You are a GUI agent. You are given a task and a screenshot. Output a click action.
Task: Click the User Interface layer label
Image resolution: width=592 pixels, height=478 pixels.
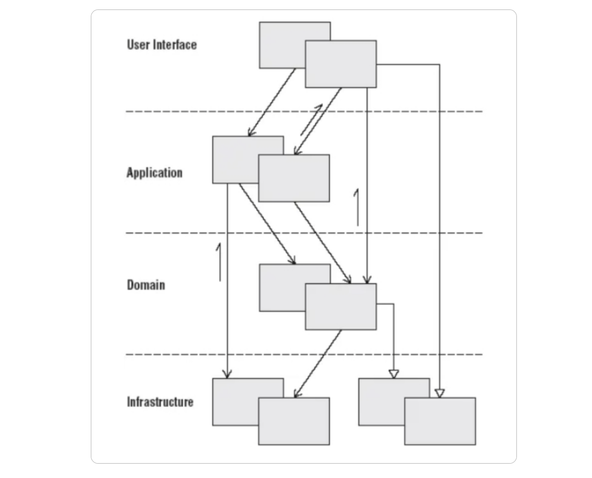point(162,45)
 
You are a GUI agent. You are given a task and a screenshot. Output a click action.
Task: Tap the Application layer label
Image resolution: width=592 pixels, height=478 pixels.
point(155,173)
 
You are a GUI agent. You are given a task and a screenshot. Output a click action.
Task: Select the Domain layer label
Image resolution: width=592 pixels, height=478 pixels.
point(146,285)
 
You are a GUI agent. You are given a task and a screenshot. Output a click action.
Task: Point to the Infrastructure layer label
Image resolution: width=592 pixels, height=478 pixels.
point(160,402)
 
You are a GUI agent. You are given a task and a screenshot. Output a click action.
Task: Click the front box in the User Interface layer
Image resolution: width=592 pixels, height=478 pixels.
point(341,64)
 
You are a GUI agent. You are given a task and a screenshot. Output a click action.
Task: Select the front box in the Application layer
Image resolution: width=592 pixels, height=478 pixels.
point(294,178)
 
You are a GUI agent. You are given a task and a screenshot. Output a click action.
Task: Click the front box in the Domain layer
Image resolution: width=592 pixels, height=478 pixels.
point(341,307)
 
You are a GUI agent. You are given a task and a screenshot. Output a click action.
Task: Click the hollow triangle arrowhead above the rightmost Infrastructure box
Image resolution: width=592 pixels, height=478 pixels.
point(440,393)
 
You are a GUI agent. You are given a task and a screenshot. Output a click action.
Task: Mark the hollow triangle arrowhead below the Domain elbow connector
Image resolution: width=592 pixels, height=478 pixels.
point(394,374)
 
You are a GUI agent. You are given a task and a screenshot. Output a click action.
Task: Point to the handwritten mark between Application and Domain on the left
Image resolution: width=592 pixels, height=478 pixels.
point(219,262)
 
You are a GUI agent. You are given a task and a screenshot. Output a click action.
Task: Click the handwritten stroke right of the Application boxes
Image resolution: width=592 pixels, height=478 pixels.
point(357,207)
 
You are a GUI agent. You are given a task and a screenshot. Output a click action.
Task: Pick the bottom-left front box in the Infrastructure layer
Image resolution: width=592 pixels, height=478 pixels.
point(294,421)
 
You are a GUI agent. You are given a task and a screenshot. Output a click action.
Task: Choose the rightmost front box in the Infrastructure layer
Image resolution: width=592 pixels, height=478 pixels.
point(440,421)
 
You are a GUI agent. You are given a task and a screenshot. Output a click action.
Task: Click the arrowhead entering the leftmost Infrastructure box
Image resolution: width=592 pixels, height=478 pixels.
point(227,374)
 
